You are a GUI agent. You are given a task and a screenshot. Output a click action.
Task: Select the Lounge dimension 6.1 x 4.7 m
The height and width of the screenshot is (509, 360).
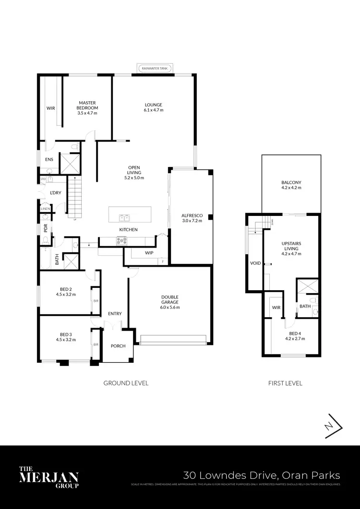click(154, 110)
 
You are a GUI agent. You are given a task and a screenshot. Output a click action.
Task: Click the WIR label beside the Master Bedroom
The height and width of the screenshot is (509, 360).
click(50, 108)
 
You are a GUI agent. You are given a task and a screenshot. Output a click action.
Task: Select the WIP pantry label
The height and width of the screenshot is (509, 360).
click(149, 253)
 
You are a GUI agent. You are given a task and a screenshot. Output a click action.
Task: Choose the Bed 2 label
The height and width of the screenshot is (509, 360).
click(66, 289)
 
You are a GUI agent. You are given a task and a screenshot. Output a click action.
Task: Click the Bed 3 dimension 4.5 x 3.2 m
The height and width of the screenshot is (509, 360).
click(66, 340)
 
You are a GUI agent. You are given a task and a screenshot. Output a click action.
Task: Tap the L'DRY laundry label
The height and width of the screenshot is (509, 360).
click(55, 193)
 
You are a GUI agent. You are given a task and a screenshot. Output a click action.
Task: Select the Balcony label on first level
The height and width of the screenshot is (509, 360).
click(291, 182)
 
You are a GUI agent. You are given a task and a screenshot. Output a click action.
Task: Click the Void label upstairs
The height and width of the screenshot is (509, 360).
click(255, 263)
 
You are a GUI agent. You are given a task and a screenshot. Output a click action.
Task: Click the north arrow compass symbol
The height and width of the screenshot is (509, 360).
click(332, 426)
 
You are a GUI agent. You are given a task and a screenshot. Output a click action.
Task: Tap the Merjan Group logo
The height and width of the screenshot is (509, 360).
click(48, 477)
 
